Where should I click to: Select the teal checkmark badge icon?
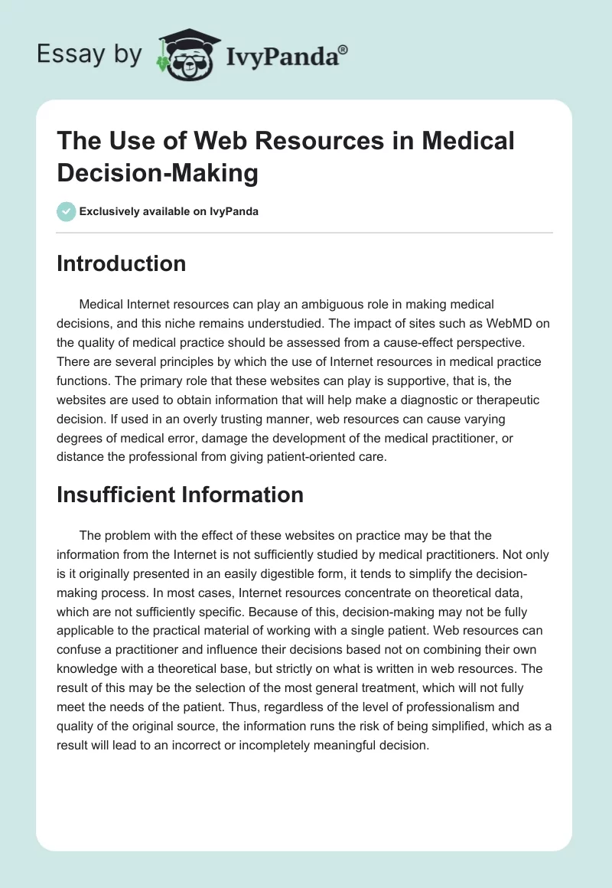pyautogui.click(x=67, y=211)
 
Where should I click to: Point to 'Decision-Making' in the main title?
pyautogui.click(x=158, y=173)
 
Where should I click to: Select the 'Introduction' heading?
pyautogui.click(x=121, y=263)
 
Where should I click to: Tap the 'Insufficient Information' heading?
pyautogui.click(x=180, y=495)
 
